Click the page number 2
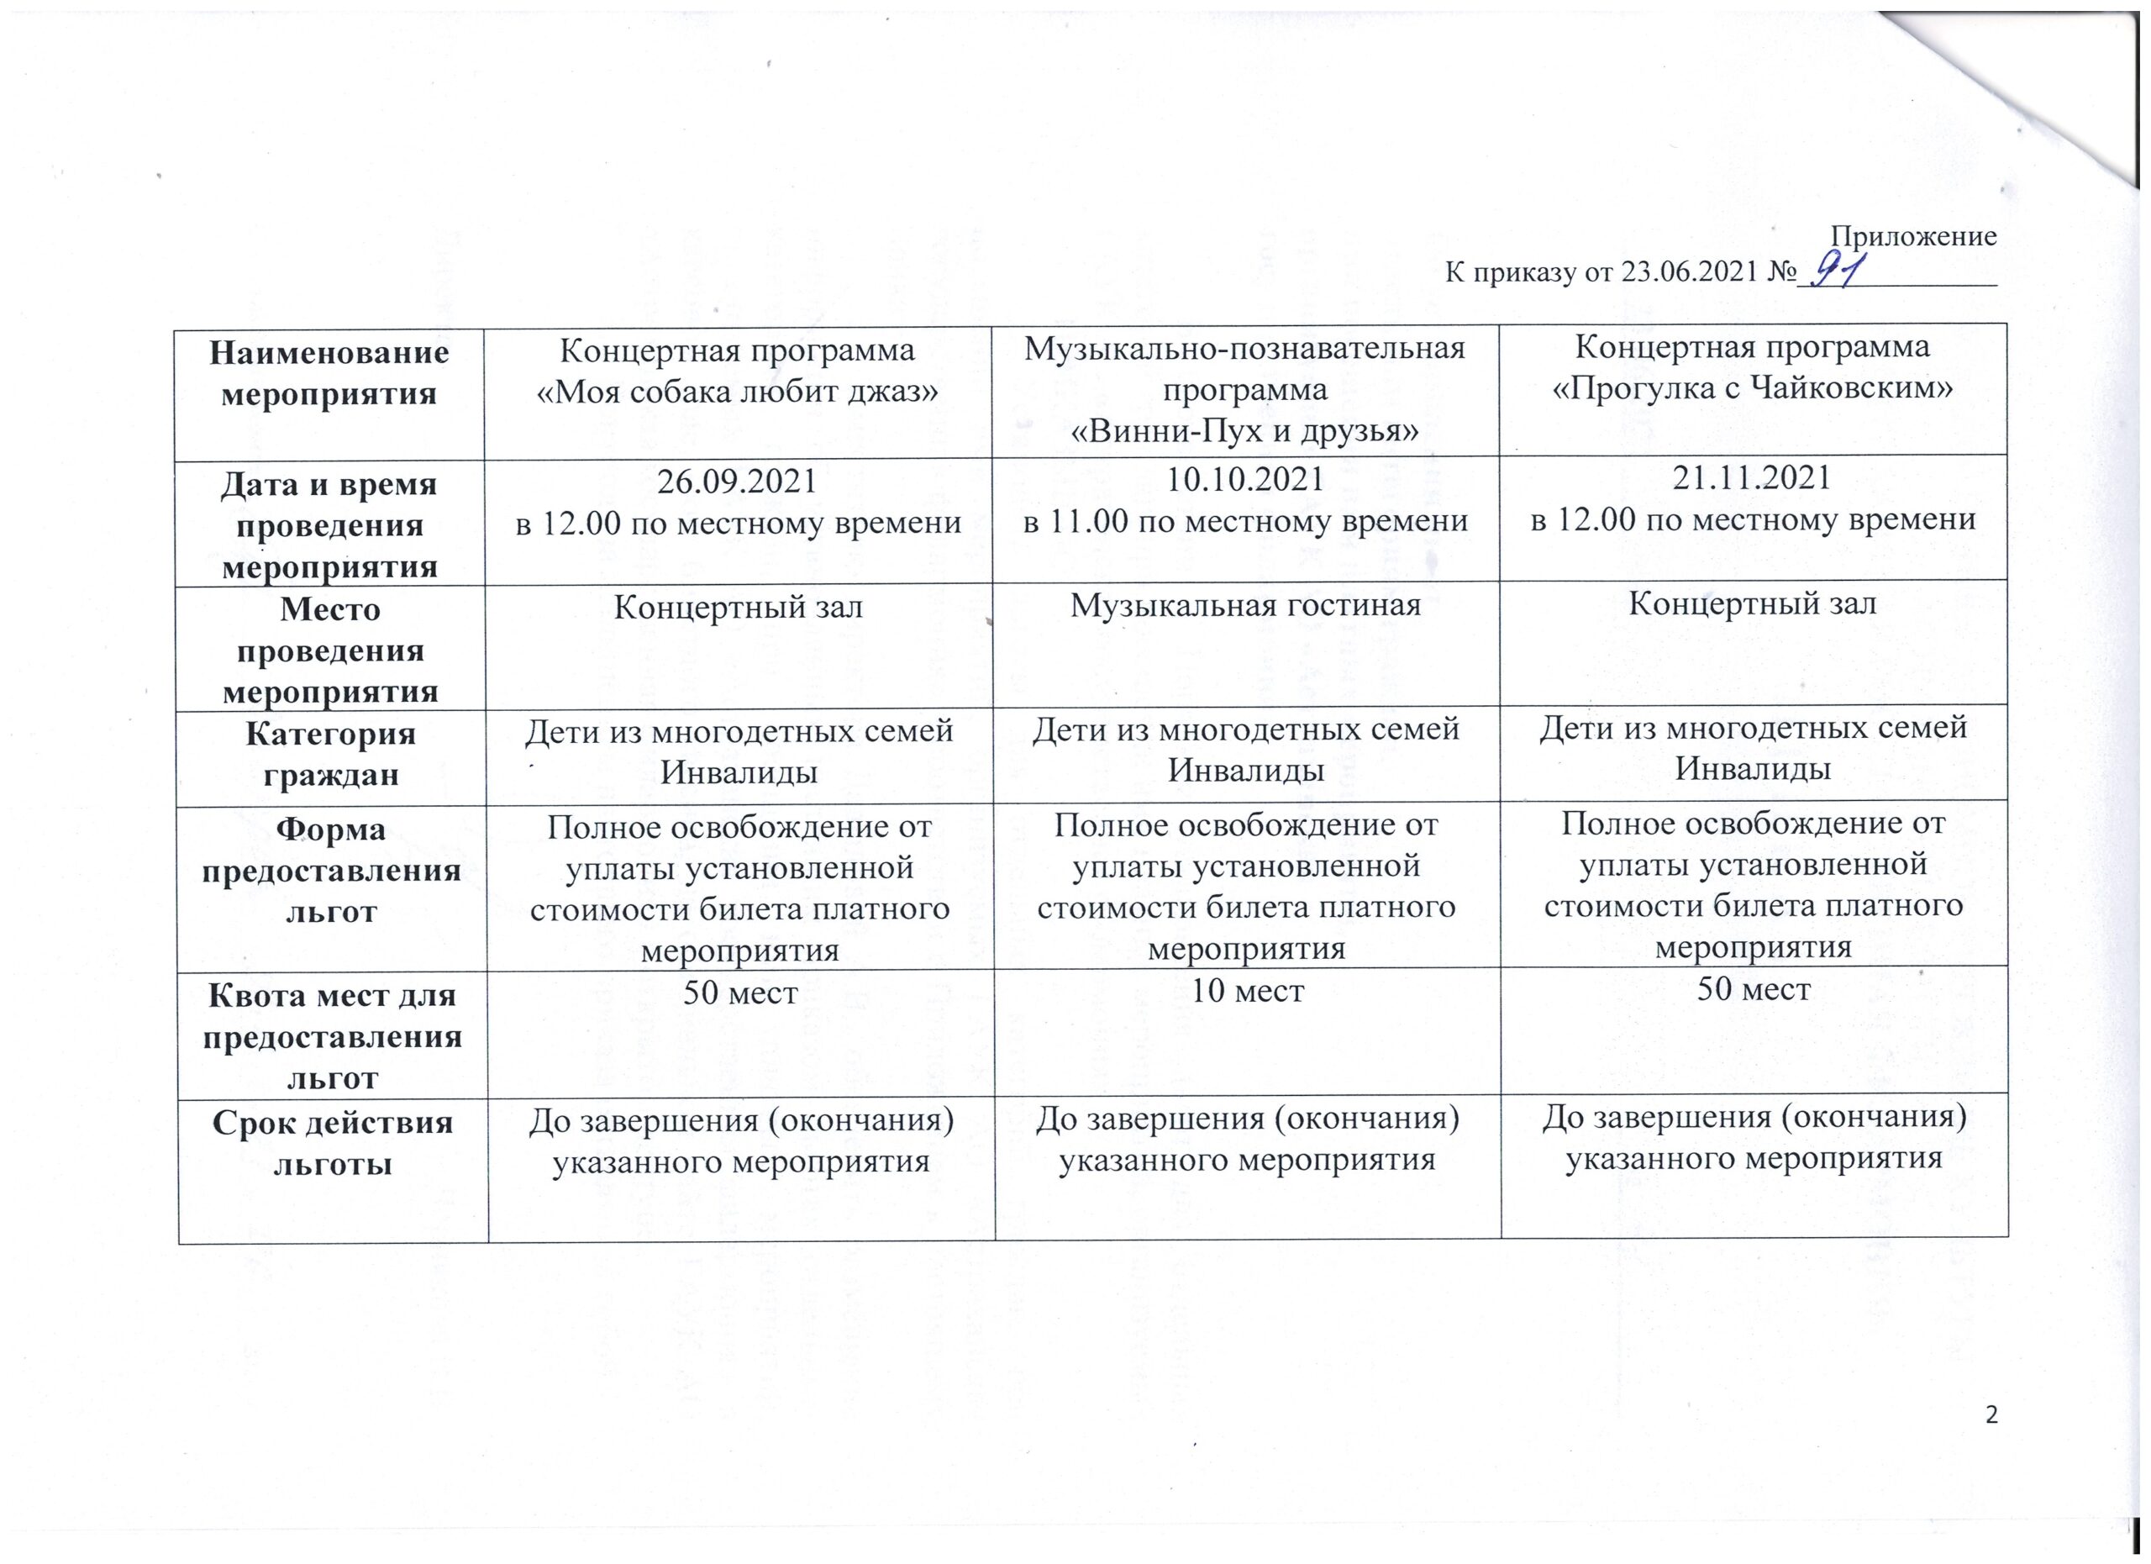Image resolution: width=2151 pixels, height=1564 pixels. point(1991,1441)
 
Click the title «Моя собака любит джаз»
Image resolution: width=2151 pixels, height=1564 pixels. point(737,390)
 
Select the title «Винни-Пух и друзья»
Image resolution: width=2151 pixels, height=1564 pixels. point(1244,431)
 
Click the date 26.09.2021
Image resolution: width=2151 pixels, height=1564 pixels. point(737,481)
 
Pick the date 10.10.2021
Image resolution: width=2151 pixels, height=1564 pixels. point(1244,479)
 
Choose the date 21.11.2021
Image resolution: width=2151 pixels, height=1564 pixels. point(1752,477)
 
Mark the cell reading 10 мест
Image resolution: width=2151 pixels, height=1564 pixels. point(1246,991)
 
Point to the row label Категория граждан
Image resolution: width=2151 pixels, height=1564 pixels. point(330,754)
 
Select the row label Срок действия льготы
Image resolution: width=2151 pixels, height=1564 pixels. point(332,1143)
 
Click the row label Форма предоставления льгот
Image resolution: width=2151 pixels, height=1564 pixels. point(331,870)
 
